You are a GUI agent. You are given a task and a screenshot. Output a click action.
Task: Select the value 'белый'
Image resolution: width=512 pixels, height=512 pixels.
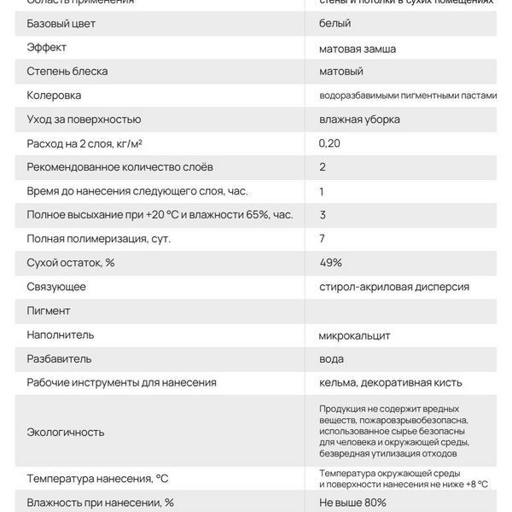click(335, 24)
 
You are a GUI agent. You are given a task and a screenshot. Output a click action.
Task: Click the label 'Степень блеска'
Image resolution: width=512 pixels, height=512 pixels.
click(67, 72)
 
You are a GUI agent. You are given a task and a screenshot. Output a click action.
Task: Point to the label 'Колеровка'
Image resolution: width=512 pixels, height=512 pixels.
click(55, 96)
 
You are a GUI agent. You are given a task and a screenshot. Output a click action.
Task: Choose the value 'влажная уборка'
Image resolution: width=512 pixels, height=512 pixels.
click(359, 119)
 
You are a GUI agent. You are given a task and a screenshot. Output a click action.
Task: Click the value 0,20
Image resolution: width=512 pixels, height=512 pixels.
click(329, 143)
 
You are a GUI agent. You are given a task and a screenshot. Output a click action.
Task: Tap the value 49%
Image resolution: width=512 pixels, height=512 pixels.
click(330, 263)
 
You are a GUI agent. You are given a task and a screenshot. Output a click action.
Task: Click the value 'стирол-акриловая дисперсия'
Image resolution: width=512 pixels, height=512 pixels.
click(393, 287)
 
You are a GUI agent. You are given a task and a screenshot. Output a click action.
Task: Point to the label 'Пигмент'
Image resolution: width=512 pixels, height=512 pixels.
click(49, 311)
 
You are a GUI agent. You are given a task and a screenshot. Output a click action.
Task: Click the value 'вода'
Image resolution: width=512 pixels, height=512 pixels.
click(332, 358)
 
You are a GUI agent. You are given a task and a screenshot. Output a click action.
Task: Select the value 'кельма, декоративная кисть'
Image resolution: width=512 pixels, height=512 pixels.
click(390, 382)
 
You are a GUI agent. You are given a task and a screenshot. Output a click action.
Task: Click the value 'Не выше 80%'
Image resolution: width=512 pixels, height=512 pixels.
click(352, 503)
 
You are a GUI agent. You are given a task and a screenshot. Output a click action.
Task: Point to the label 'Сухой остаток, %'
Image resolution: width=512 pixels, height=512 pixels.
click(71, 263)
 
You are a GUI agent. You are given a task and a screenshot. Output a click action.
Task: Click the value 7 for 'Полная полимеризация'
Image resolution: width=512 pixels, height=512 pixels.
click(323, 239)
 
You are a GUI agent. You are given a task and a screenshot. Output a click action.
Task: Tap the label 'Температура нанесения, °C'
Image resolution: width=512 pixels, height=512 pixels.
click(97, 478)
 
